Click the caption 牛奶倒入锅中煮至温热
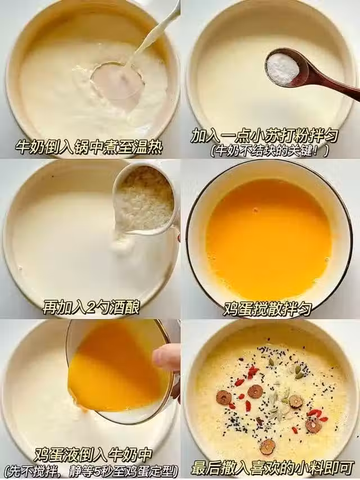(89, 148)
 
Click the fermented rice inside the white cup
(143, 199)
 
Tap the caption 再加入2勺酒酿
(91, 307)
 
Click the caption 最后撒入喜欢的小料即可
(271, 469)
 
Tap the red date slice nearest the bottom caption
(268, 446)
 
